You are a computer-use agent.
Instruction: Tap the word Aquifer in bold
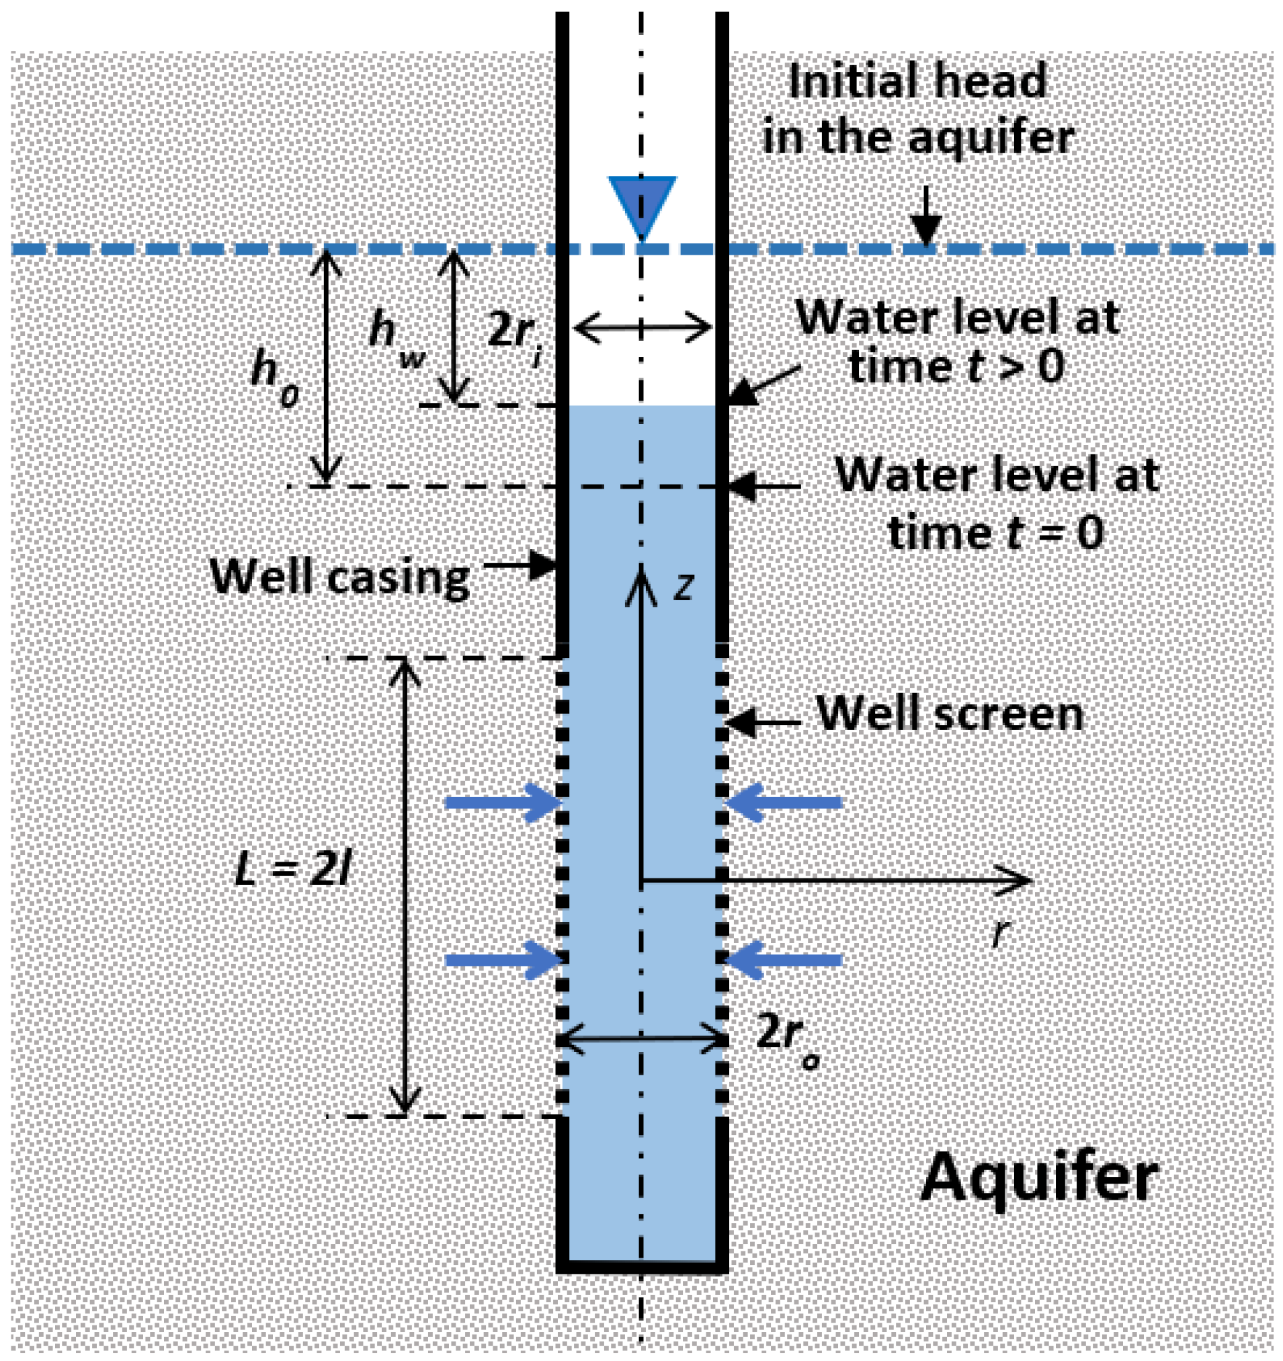point(1038,1178)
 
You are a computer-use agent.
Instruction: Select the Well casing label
point(339,577)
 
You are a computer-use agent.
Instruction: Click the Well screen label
point(950,714)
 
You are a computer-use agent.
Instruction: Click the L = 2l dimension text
point(293,872)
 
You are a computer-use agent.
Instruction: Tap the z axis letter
point(683,587)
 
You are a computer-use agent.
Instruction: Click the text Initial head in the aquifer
point(917,110)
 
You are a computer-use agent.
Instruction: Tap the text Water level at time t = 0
point(996,503)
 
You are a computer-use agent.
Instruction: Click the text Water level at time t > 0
point(957,342)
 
